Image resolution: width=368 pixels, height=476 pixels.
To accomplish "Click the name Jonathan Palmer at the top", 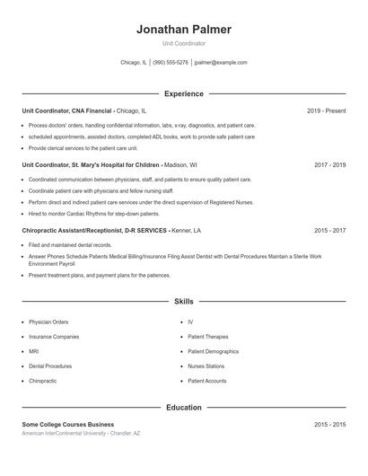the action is point(183,30).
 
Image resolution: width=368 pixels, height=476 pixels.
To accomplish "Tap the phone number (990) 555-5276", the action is point(171,63).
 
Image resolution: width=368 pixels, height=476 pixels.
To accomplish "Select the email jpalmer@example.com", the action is point(220,63).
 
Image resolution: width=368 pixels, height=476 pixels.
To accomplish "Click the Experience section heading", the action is point(183,93).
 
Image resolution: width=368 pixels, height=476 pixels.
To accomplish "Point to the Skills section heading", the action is point(183,302).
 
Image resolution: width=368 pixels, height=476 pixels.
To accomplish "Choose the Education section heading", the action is point(183,408).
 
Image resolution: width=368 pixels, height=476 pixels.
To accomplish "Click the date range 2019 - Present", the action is point(326,110).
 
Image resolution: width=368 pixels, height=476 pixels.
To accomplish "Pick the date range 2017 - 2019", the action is point(329,165).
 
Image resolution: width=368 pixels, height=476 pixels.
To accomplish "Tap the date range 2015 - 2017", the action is point(329,231).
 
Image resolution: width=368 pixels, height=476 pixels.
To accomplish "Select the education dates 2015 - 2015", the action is point(329,424).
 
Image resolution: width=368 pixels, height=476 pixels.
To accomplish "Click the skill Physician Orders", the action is point(48,322).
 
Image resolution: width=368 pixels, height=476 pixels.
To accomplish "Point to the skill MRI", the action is point(33,351).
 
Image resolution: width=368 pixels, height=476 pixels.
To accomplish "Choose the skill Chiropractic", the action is point(42,381).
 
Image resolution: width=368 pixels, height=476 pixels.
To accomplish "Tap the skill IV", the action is point(190,322).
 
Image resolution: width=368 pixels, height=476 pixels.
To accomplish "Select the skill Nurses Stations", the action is point(206,366).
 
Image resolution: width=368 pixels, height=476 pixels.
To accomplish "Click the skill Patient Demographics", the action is point(214,351).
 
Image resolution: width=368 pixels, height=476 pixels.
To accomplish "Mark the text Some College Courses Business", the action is point(68,424).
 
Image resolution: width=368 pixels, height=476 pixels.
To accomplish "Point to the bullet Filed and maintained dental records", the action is point(70,244).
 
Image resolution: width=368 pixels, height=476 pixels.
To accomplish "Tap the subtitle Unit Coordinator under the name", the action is point(183,43).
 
